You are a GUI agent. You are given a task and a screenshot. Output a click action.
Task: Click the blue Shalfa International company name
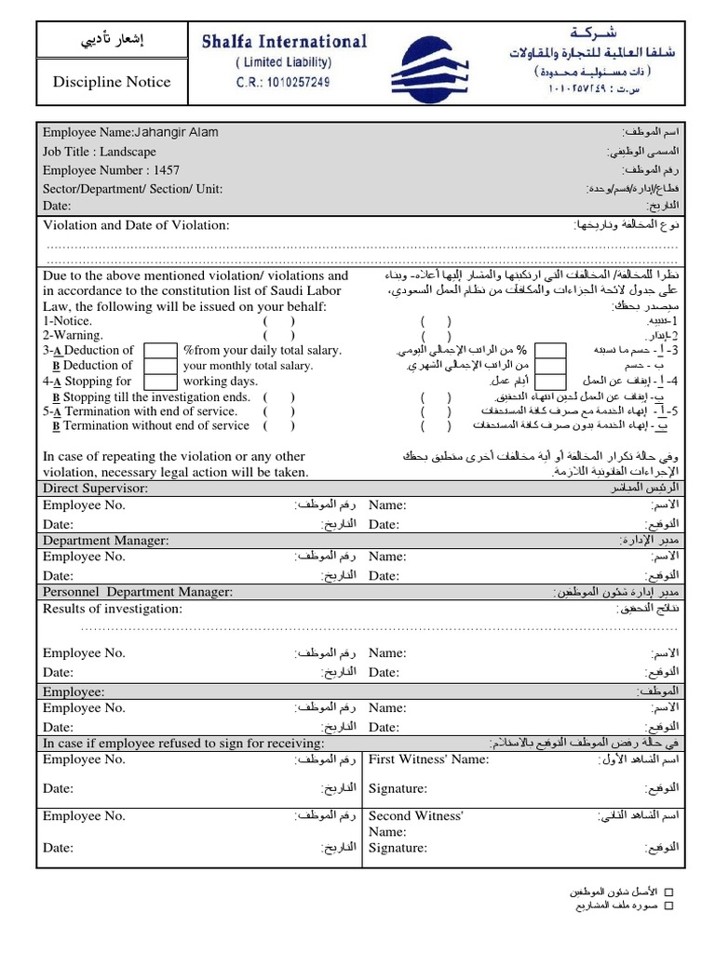pyautogui.click(x=285, y=42)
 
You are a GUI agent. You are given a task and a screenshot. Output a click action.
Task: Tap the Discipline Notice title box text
pyautogui.click(x=111, y=82)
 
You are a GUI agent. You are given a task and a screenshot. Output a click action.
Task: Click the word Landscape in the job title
pyautogui.click(x=128, y=152)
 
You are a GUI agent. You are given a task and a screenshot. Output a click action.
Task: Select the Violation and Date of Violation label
pyautogui.click(x=136, y=225)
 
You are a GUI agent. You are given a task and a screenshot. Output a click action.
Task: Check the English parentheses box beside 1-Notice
pyautogui.click(x=279, y=321)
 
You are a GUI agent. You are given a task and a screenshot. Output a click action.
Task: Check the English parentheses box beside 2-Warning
pyautogui.click(x=279, y=336)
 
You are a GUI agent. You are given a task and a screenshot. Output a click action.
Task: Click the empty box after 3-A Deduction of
pyautogui.click(x=161, y=351)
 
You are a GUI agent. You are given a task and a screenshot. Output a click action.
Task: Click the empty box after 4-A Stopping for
pyautogui.click(x=161, y=382)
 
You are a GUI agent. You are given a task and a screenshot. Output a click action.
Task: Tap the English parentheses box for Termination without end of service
pyautogui.click(x=279, y=426)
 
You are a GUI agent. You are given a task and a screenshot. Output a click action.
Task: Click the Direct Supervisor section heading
pyautogui.click(x=95, y=489)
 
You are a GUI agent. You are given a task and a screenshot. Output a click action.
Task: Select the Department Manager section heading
pyautogui.click(x=105, y=541)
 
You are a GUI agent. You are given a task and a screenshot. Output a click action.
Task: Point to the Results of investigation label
pyautogui.click(x=113, y=610)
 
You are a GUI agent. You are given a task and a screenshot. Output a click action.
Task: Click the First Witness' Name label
pyautogui.click(x=428, y=760)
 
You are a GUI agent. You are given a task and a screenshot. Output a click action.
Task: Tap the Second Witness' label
pyautogui.click(x=416, y=816)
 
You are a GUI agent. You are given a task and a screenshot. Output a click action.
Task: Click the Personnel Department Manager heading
pyautogui.click(x=138, y=592)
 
